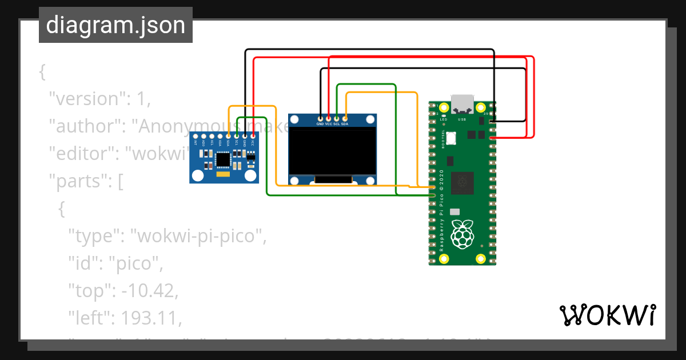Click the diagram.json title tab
115,25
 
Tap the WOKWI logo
607,315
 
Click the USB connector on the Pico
462,104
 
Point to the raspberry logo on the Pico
462,234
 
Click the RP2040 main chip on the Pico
462,183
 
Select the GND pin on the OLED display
320,118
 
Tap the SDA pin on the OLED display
345,118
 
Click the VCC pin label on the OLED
328,123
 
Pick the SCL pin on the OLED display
337,118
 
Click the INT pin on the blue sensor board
196,135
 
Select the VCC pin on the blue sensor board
253,135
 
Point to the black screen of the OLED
333,151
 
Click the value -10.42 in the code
149,290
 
